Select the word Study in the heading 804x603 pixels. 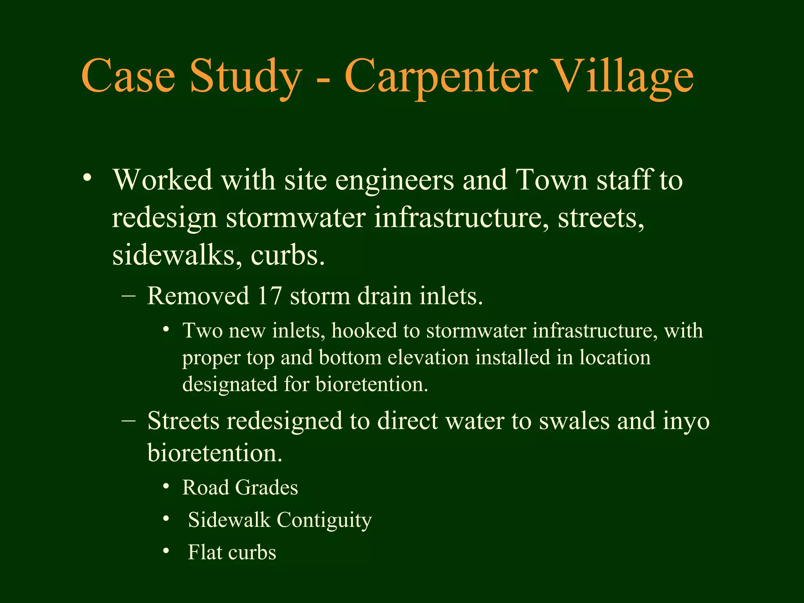pyautogui.click(x=246, y=77)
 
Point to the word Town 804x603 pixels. pyautogui.click(x=551, y=180)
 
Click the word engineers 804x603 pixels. pyautogui.click(x=394, y=181)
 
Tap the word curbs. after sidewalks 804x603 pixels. pyautogui.click(x=288, y=255)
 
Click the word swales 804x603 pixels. pyautogui.click(x=574, y=421)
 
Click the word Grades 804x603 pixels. pyautogui.click(x=266, y=488)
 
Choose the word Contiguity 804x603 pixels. pyautogui.click(x=324, y=520)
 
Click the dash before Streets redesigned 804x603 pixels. pyautogui.click(x=129, y=420)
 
